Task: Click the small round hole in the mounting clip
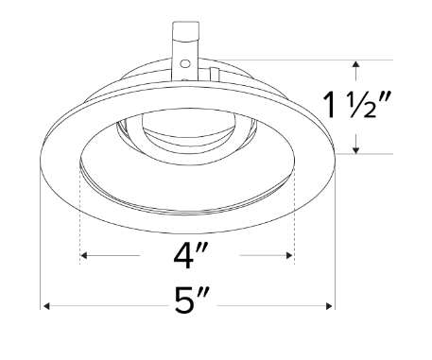(x=185, y=63)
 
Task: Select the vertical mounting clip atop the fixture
(x=186, y=47)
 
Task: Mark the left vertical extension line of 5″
(x=40, y=236)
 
